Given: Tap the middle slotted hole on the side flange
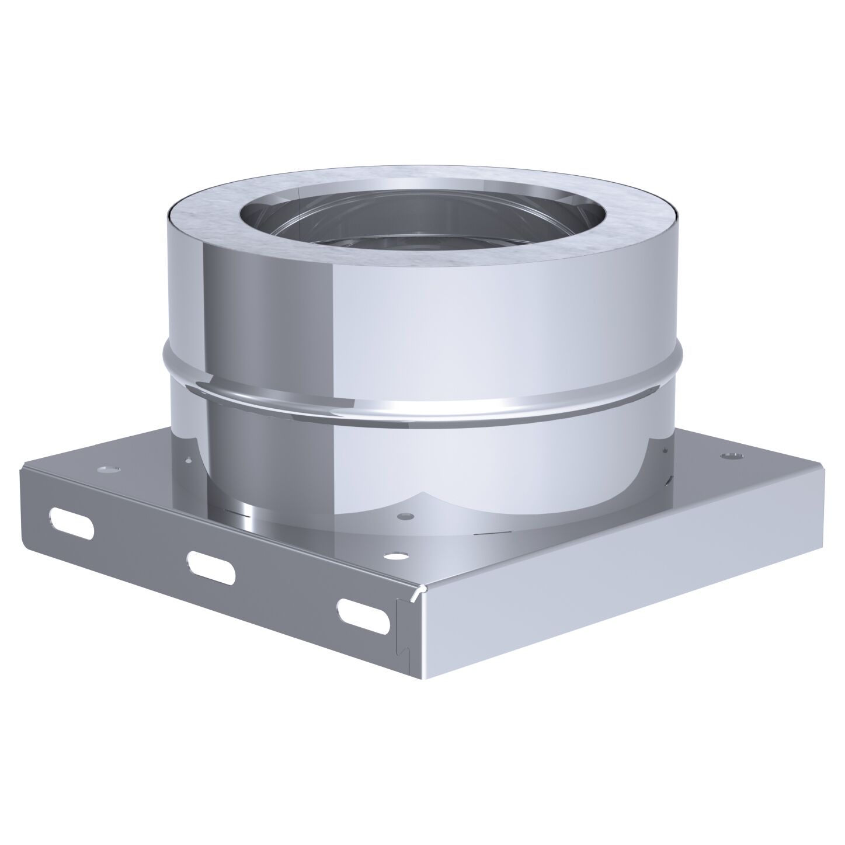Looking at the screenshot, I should pos(211,565).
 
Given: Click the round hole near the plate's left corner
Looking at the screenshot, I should pos(108,469).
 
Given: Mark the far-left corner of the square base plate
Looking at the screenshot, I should pos(22,465).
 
